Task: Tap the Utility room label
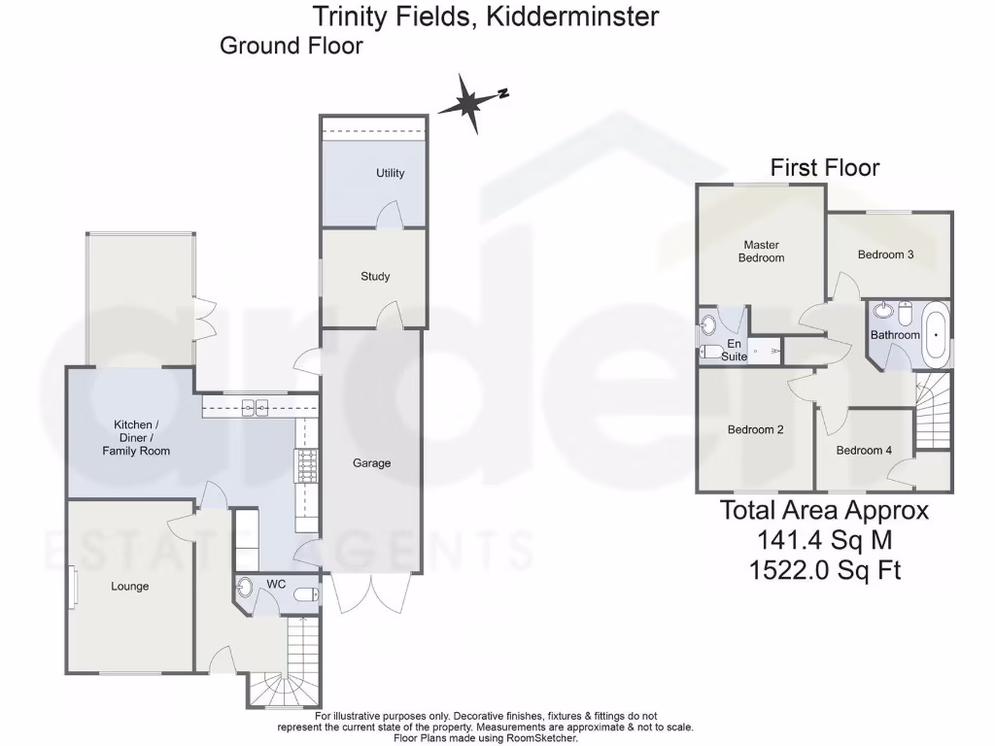[391, 173]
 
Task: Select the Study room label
[375, 277]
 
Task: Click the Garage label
[371, 463]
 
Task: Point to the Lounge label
[130, 587]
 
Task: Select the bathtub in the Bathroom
[936, 333]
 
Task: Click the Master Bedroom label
[761, 252]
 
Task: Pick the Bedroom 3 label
[885, 254]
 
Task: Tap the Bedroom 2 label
[755, 429]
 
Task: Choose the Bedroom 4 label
[864, 450]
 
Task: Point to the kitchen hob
[307, 467]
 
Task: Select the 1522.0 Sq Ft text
[824, 570]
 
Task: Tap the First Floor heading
[825, 167]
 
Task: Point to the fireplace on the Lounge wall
[73, 587]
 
